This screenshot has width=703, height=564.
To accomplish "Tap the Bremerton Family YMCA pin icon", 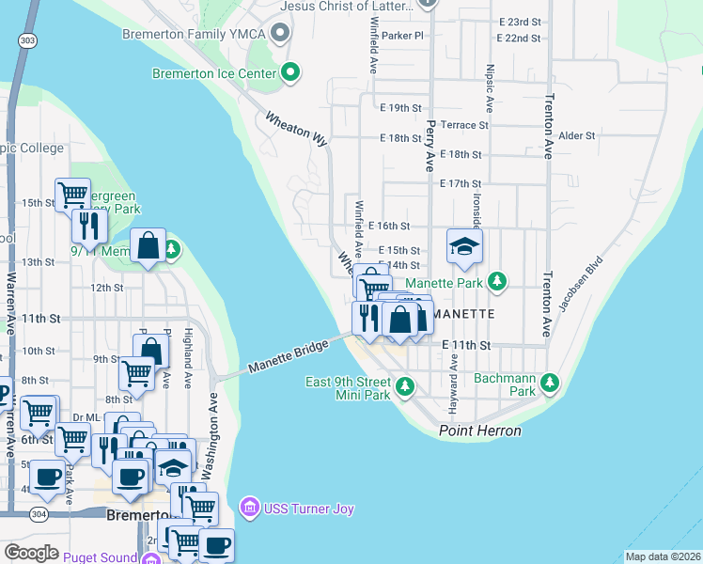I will pyautogui.click(x=279, y=35).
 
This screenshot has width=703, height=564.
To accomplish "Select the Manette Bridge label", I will pyautogui.click(x=289, y=357).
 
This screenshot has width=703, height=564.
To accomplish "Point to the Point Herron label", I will pyautogui.click(x=479, y=431).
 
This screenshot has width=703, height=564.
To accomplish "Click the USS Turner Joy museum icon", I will pyautogui.click(x=249, y=509).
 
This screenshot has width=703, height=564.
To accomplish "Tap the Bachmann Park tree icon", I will pyautogui.click(x=550, y=383).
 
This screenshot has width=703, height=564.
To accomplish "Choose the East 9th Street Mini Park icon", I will pyautogui.click(x=405, y=386).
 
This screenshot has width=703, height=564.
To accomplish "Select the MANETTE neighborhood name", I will pyautogui.click(x=463, y=313).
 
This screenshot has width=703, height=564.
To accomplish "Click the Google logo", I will pyautogui.click(x=31, y=553).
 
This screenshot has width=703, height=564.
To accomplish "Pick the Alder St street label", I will pyautogui.click(x=577, y=135).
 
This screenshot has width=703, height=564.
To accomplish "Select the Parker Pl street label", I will pyautogui.click(x=403, y=35).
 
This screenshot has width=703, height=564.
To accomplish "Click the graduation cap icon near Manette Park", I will pyautogui.click(x=464, y=245).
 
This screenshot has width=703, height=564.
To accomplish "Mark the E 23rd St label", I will pyautogui.click(x=521, y=21).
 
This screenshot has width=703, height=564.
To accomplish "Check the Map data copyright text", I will pyautogui.click(x=663, y=556).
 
